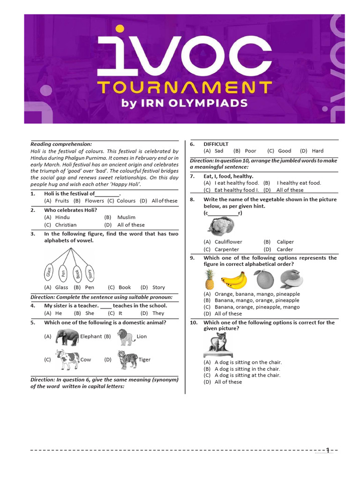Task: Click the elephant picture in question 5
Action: click(x=67, y=337)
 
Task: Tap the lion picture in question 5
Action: click(x=126, y=336)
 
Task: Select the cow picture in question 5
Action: click(x=67, y=359)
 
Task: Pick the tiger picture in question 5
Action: click(x=127, y=360)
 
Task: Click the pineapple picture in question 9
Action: click(x=210, y=280)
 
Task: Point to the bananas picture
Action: click(x=234, y=280)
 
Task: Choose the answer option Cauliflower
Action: click(x=228, y=242)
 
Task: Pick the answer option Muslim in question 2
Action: click(x=126, y=217)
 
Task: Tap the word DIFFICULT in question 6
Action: click(x=216, y=144)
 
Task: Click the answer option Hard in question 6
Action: click(x=317, y=151)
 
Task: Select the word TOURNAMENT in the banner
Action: click(x=184, y=88)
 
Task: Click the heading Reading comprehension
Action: click(x=61, y=144)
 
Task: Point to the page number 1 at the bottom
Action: click(x=328, y=450)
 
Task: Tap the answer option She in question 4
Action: click(x=90, y=313)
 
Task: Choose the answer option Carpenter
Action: click(x=226, y=249)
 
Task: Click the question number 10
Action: click(x=194, y=322)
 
